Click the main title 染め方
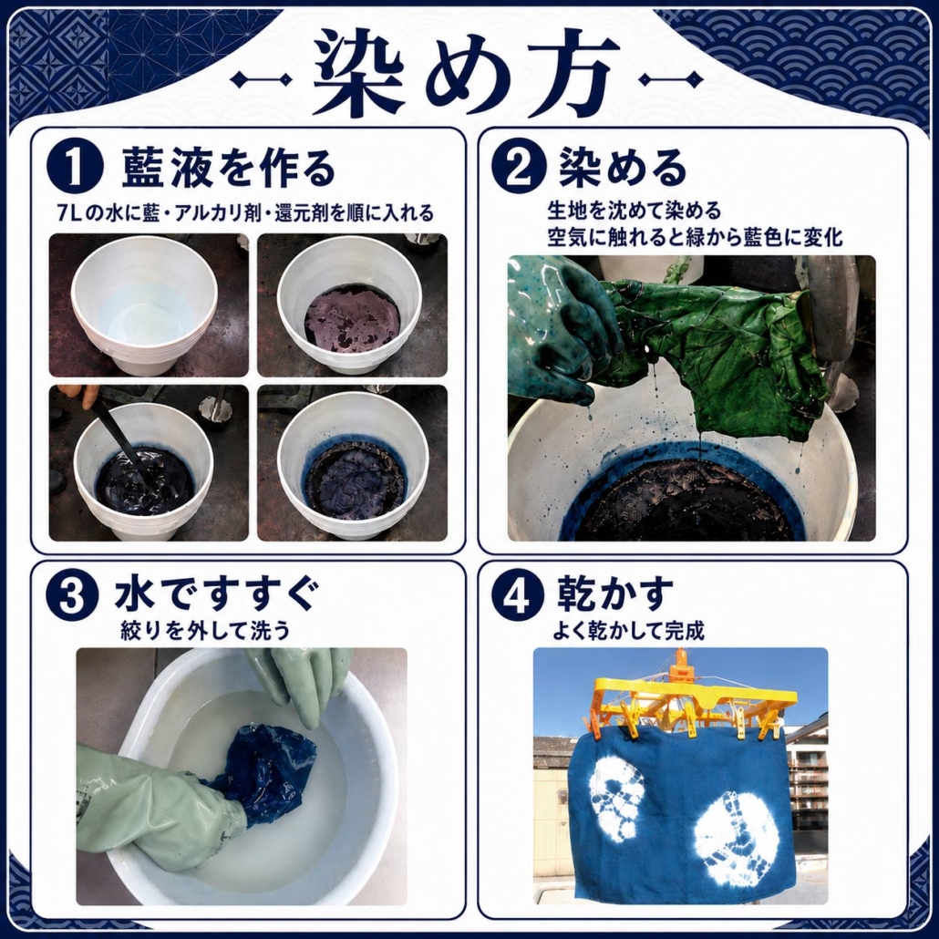tap(467, 72)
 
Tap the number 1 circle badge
tap(74, 169)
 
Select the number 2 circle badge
tap(519, 169)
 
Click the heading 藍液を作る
tap(228, 169)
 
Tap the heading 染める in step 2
tap(623, 168)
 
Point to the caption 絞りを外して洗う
tap(205, 631)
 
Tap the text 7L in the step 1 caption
tap(70, 214)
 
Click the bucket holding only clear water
tap(144, 305)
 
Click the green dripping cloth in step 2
tap(718, 347)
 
